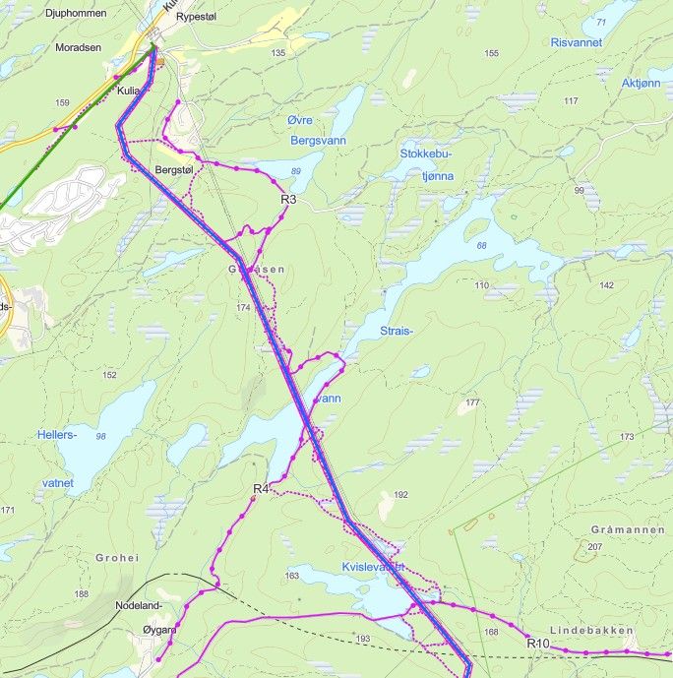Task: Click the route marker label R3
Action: (289, 199)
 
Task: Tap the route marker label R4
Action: (261, 489)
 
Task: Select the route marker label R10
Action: (537, 644)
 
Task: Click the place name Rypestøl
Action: (195, 18)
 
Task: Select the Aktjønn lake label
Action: (642, 84)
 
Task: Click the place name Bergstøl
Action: (174, 170)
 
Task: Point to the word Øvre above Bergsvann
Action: (299, 120)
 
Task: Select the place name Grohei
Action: (118, 557)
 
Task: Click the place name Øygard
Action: (158, 630)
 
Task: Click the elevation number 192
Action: (400, 495)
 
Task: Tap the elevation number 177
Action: (471, 402)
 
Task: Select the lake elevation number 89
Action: (295, 172)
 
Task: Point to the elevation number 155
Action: (492, 53)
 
